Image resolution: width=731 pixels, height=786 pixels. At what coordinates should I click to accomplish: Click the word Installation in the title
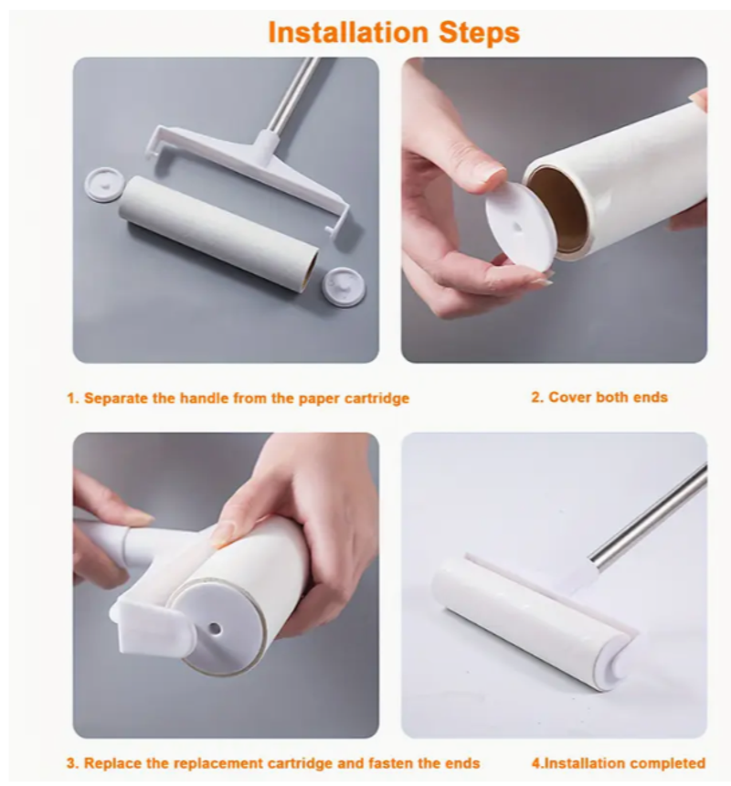pyautogui.click(x=348, y=33)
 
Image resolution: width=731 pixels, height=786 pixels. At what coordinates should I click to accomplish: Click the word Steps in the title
pyautogui.click(x=479, y=34)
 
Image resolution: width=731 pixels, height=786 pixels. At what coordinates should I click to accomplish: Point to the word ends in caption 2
pyautogui.click(x=650, y=398)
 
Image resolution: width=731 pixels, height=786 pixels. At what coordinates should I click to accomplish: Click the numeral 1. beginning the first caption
pyautogui.click(x=73, y=399)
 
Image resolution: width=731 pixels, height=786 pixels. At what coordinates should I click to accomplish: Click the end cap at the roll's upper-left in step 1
pyautogui.click(x=102, y=185)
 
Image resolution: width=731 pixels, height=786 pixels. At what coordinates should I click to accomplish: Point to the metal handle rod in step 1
pyautogui.click(x=292, y=94)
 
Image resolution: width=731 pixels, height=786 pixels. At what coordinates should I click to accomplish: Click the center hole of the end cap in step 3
pyautogui.click(x=215, y=627)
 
